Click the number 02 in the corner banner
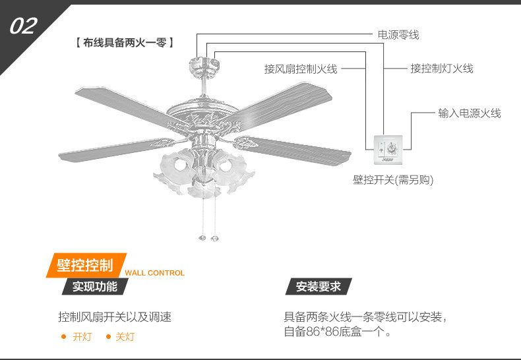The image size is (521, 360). pos(24,26)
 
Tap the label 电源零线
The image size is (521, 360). pos(398,34)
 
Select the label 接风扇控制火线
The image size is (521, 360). pos(301,69)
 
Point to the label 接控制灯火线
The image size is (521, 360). pos(442,69)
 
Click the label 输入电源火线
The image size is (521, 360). pos(470,113)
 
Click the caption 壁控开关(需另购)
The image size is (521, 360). pos(393,180)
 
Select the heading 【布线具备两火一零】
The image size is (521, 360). pos(125,43)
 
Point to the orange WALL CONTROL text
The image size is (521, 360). pos(155,273)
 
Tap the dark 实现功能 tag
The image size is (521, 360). pos(95,287)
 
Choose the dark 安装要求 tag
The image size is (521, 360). pos(319,287)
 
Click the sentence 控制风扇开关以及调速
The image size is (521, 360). pos(115,317)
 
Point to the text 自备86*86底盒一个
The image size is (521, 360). pos(336,332)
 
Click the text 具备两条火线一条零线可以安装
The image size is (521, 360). pos(364,317)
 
